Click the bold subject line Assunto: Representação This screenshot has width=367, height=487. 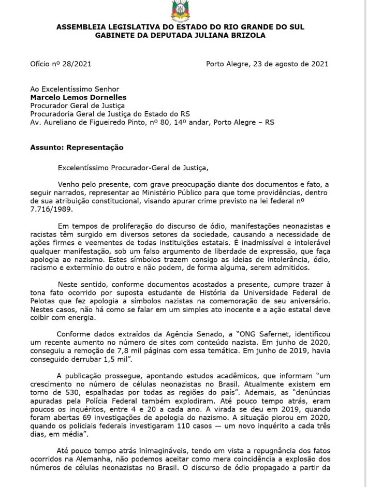pyautogui.click(x=77, y=147)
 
